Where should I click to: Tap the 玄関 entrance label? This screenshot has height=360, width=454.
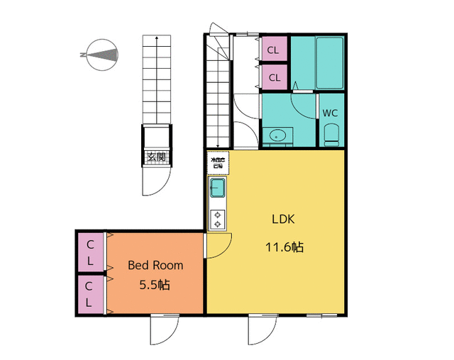155,157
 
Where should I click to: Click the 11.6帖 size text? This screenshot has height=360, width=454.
284,247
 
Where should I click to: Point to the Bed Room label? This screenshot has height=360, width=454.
155,265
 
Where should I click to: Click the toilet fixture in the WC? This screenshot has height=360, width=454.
331,134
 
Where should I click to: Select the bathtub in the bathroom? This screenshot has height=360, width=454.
330,62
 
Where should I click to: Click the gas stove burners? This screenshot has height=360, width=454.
217,220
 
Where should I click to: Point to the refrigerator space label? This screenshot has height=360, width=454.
217,164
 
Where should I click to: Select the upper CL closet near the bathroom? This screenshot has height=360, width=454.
274,50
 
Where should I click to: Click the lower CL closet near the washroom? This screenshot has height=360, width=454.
274,75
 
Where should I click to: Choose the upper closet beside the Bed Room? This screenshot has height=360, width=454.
90,252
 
